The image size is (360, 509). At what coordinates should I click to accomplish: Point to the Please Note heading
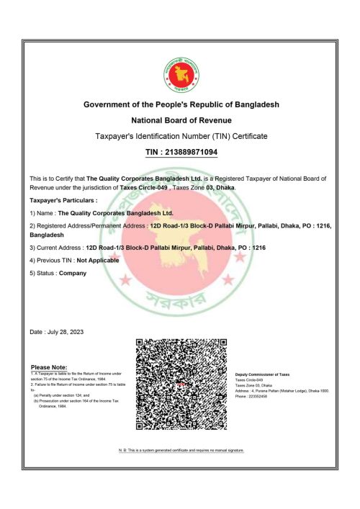(x=49, y=367)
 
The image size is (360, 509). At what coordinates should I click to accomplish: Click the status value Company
(x=72, y=273)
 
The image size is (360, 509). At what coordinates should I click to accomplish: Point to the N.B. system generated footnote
(x=181, y=450)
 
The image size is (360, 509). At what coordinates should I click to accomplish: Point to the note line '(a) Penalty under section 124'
(x=61, y=395)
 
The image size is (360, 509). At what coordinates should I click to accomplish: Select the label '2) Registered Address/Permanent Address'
(x=87, y=226)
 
